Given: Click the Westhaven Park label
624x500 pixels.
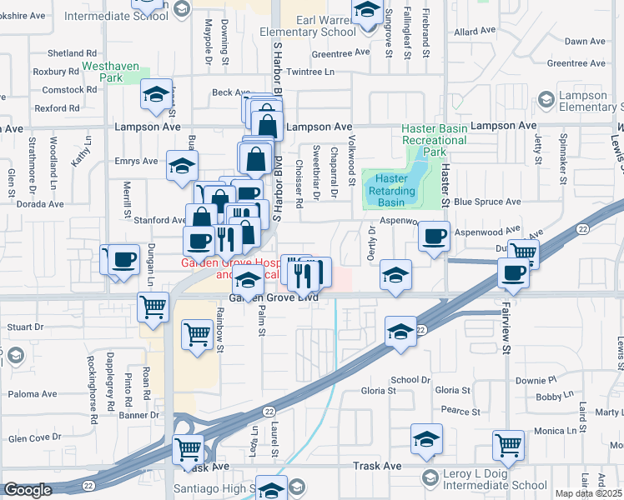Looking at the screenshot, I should (102, 71).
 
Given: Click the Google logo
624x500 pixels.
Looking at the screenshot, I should (28, 490).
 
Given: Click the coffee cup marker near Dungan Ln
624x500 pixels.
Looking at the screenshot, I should (124, 260).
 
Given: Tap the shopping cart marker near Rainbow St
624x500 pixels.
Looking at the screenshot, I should (197, 335).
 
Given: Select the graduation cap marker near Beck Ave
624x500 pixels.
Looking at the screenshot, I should (156, 96).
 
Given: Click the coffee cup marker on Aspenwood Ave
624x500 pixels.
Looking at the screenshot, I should (434, 236).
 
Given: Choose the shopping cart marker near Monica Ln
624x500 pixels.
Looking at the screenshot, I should (508, 445).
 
